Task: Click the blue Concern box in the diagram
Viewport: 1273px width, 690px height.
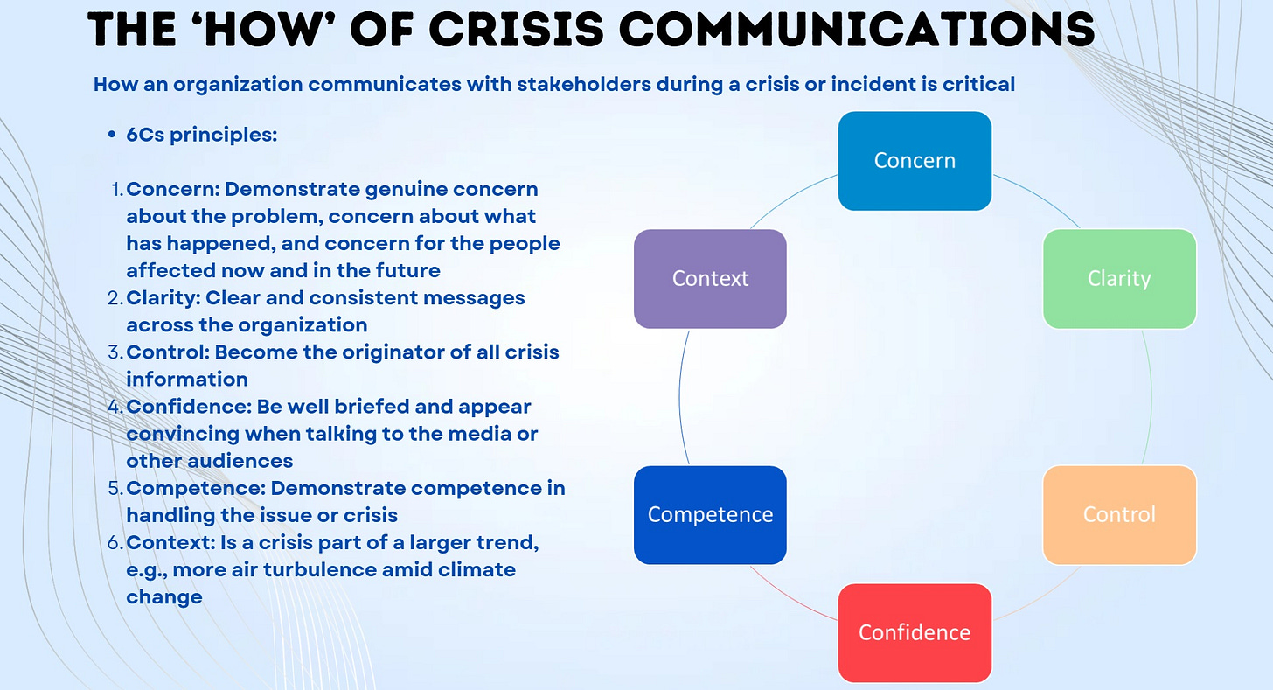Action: pos(915,161)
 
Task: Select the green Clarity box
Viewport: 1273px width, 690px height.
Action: pos(1119,279)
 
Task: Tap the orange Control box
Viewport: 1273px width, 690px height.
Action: pos(1119,514)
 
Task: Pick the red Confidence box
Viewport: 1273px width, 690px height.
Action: pos(915,632)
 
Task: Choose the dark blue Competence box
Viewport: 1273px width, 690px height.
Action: pos(710,514)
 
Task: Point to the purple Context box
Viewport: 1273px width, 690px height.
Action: pos(710,279)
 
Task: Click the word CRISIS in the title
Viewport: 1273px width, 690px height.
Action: pos(516,30)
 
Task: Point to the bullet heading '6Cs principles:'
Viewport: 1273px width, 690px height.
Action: pos(202,136)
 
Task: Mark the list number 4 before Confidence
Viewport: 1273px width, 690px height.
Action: pos(114,407)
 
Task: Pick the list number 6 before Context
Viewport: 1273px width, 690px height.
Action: pos(114,543)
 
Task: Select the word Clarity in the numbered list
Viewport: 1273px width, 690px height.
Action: pos(163,298)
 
